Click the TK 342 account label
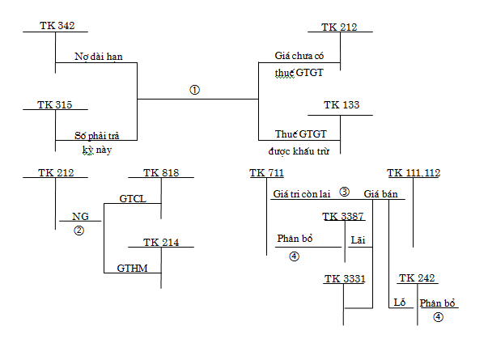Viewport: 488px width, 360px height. (57, 27)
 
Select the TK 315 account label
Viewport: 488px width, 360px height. (56, 105)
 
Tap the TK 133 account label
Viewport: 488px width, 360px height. (342, 105)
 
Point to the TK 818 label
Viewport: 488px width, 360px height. (161, 173)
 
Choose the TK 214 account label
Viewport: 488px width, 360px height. (161, 242)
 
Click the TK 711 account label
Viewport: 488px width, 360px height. (267, 173)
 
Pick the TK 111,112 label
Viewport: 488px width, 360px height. (414, 173)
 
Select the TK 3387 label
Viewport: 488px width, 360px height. (343, 216)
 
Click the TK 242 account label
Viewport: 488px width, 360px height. (418, 279)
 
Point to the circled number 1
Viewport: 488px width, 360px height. (194, 89)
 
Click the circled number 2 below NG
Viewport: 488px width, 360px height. (79, 230)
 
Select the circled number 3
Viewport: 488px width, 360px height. (344, 193)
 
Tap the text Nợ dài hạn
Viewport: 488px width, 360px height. (99, 57)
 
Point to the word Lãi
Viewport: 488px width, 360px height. (359, 239)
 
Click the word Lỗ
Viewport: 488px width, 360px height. (398, 302)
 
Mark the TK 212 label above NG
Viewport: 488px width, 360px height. (56, 173)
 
